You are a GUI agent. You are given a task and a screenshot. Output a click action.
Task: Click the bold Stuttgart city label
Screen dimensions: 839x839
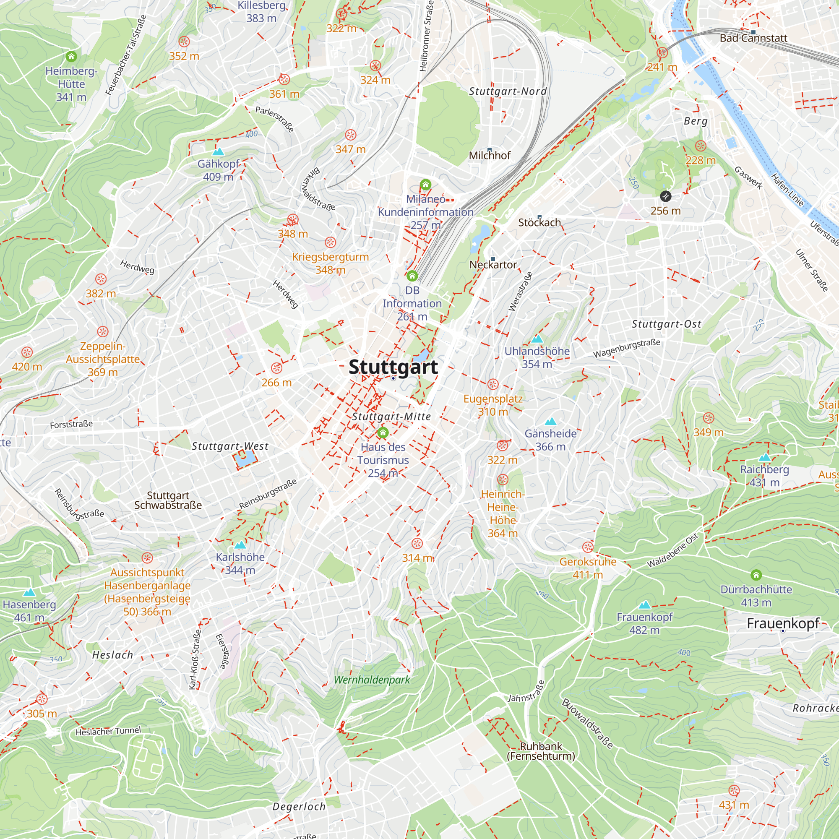393,367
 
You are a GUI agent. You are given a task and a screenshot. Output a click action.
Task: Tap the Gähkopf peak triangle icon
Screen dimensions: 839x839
218,152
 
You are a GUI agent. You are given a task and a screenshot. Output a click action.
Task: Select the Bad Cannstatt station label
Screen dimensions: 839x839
753,38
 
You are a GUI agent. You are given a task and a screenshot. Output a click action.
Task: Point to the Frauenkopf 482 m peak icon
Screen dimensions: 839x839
644,605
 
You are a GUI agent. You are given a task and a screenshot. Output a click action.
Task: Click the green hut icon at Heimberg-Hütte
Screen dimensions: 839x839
71,57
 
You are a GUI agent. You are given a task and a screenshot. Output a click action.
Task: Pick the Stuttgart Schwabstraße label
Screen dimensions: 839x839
168,500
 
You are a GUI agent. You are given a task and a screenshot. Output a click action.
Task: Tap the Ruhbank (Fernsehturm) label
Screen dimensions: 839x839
541,751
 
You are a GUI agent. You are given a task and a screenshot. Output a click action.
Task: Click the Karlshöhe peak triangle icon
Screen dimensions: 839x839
240,545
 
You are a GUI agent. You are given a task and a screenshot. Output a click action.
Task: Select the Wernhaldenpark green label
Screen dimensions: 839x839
372,680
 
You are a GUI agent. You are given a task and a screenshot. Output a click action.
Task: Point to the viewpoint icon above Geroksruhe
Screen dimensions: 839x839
588,547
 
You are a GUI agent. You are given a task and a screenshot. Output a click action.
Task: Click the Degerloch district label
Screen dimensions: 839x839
299,806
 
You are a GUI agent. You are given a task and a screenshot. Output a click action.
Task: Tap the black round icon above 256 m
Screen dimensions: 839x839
665,196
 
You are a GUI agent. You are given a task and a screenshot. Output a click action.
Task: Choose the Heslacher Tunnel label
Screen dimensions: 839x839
108,731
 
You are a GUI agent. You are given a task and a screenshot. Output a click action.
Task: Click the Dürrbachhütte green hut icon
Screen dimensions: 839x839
756,575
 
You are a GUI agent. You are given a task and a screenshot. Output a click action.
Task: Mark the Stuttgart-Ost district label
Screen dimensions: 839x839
666,324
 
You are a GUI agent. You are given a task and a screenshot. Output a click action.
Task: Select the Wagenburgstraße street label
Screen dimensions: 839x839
627,348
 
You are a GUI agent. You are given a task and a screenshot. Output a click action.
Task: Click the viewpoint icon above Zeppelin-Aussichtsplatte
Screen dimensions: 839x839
102,332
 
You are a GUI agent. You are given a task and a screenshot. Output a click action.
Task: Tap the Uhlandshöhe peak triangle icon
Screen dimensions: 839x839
537,339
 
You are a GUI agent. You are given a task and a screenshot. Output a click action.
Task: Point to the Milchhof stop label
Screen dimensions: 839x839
490,156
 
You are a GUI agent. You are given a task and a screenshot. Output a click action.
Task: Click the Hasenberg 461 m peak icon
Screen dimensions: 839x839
29,592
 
